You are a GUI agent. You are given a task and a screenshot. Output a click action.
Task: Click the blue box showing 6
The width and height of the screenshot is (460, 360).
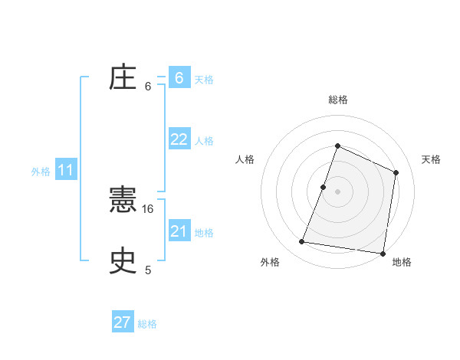[179, 78]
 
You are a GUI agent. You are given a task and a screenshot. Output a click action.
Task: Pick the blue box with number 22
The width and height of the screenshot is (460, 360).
[179, 139]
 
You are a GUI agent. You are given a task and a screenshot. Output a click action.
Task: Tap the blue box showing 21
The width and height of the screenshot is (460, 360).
[179, 231]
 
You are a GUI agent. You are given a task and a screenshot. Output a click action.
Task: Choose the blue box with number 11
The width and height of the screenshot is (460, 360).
[65, 171]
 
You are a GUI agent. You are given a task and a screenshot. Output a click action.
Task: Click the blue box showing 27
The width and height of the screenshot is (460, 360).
[123, 322]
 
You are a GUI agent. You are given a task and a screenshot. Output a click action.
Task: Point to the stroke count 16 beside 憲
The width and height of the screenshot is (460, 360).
[149, 208]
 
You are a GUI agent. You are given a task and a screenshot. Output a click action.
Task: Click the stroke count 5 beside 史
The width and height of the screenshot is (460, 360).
[148, 270]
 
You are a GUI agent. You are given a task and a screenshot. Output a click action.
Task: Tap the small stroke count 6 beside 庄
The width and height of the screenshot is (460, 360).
[148, 86]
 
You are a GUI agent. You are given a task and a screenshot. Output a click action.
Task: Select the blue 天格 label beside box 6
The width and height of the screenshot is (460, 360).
[204, 79]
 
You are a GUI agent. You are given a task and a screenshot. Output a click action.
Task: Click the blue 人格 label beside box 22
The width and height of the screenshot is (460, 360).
[204, 141]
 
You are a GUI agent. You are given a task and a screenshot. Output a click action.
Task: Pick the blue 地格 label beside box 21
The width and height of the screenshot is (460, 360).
[204, 233]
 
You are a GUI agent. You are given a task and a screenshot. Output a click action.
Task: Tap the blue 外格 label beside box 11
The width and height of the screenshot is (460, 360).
[41, 172]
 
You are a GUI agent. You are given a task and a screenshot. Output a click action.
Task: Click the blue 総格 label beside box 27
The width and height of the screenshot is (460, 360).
[147, 324]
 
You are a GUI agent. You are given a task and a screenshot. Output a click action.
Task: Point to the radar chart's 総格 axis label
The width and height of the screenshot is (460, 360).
[337, 100]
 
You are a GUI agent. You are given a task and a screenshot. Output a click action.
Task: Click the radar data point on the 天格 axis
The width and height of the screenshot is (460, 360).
[396, 172]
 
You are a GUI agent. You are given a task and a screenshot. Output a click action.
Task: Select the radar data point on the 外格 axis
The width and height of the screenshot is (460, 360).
[302, 242]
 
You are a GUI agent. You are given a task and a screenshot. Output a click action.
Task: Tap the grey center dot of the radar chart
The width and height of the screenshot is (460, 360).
[337, 191]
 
